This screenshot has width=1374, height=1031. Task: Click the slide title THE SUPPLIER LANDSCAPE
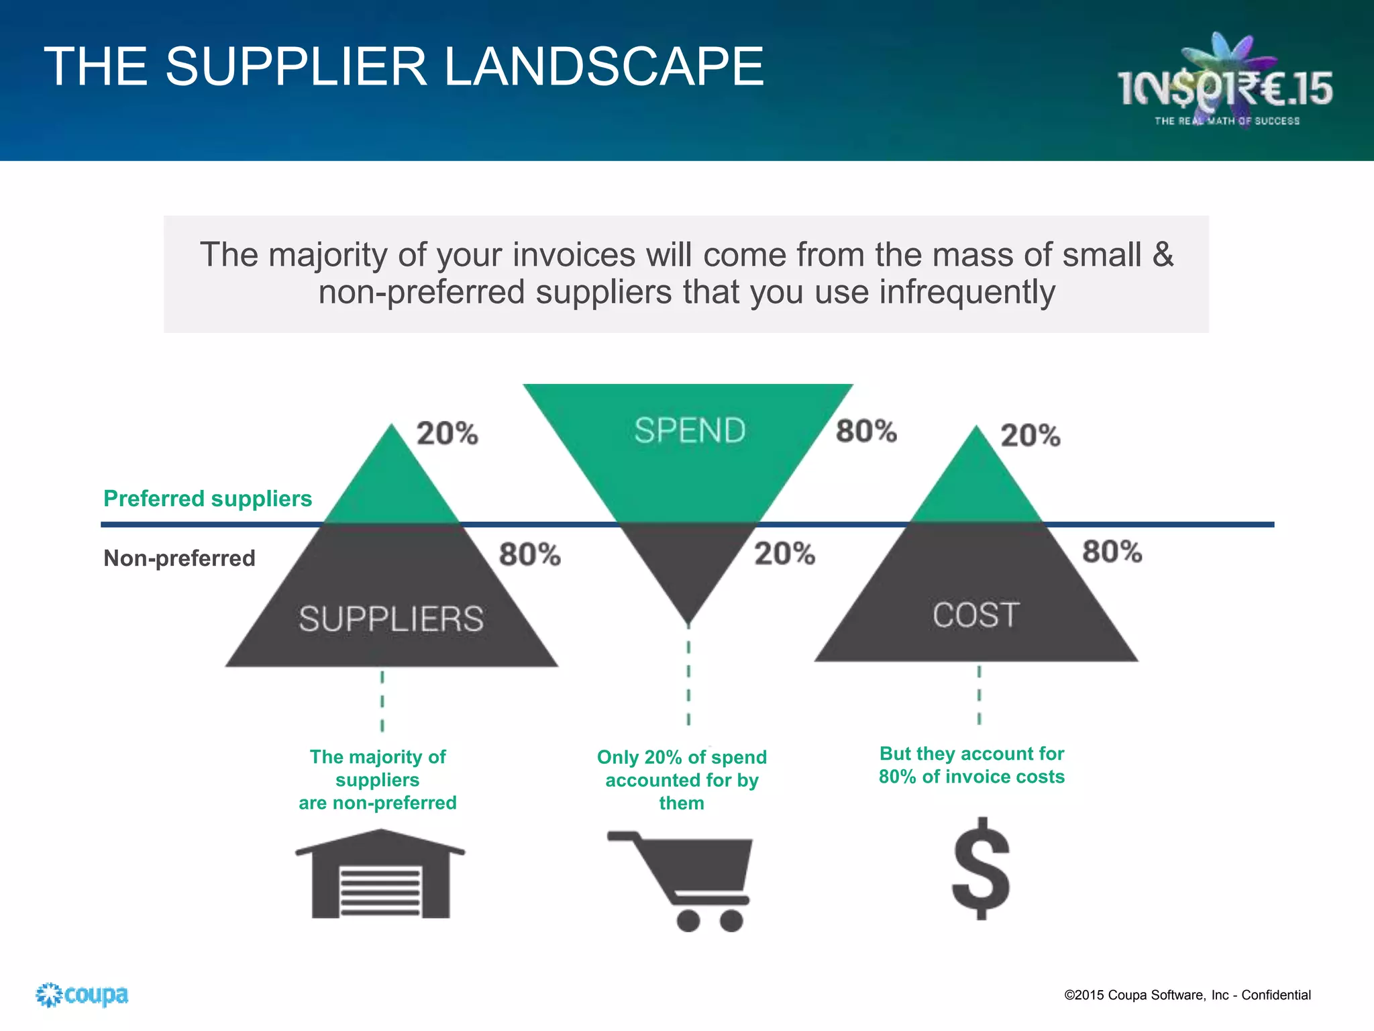[x=404, y=66]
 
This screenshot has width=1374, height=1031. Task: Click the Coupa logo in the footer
[x=82, y=995]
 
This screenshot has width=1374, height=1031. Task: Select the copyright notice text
[x=1187, y=995]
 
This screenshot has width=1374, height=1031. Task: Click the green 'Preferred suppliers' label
[x=207, y=499]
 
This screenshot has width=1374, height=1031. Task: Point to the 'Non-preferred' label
[x=179, y=558]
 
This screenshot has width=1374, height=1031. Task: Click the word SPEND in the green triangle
[x=690, y=430]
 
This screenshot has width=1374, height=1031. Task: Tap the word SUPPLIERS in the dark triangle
[x=391, y=619]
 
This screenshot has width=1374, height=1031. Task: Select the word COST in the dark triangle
[x=975, y=615]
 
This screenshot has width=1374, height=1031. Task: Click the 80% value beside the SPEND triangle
[x=866, y=431]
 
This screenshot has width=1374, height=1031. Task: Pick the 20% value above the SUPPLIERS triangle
[x=447, y=434]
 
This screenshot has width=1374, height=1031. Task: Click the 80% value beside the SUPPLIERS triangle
[x=529, y=555]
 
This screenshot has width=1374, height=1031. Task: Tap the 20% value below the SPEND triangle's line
[x=784, y=554]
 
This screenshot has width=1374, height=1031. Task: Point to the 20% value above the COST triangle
[x=1030, y=436]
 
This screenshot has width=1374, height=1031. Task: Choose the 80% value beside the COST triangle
[x=1112, y=552]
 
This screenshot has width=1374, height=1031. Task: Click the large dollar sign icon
[x=981, y=869]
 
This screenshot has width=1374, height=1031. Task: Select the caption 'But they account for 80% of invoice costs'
[x=971, y=765]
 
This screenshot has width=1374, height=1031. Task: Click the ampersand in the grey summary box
[x=1163, y=255]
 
